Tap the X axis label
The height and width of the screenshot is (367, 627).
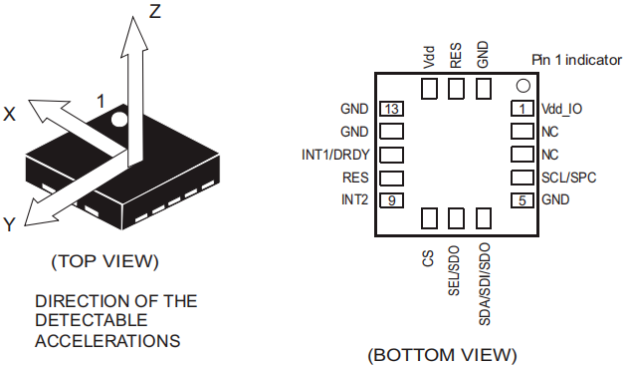[9, 114]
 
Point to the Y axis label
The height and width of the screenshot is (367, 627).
[9, 224]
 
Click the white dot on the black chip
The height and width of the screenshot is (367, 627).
[118, 119]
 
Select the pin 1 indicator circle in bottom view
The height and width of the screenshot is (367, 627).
[523, 86]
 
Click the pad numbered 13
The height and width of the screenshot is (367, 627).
[391, 109]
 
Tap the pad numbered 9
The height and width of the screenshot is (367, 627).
[391, 199]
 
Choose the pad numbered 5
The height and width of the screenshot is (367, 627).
[522, 199]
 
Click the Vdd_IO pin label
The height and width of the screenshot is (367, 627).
[561, 109]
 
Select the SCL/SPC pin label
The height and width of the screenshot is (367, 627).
[568, 178]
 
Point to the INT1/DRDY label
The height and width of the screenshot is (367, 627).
[335, 155]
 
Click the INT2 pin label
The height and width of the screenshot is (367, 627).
[354, 199]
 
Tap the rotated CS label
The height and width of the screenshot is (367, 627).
[428, 258]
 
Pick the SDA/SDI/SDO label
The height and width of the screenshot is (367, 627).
[484, 284]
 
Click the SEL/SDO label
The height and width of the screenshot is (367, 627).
[454, 271]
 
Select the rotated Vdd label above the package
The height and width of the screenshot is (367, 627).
[428, 57]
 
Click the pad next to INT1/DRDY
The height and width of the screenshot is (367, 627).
[391, 155]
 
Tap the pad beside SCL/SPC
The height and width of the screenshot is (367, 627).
[522, 178]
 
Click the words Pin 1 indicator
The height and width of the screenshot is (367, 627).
[576, 60]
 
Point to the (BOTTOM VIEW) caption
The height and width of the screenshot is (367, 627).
[442, 355]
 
